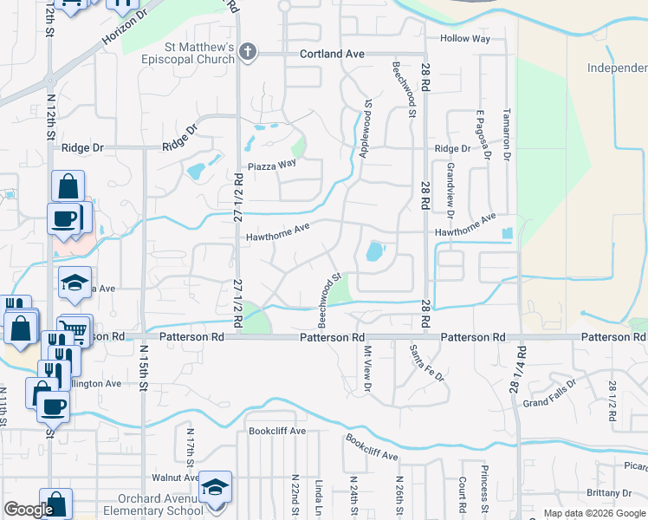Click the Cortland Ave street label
point(332,54)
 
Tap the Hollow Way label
point(465,39)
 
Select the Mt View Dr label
point(366,368)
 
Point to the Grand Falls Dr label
point(549,392)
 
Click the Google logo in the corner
point(28,510)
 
